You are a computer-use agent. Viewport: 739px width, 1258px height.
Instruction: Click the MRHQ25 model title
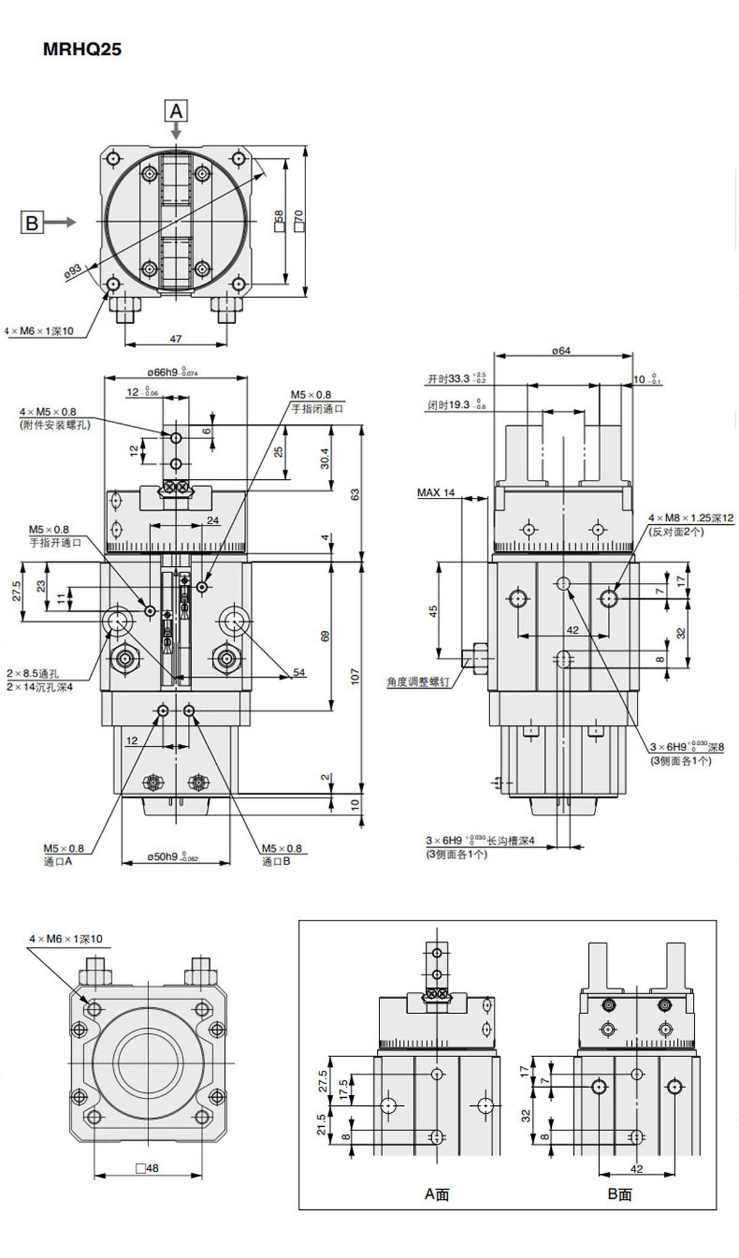pos(82,49)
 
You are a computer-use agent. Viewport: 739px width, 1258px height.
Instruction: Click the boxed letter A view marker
pos(176,112)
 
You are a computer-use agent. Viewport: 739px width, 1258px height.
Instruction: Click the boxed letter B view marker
pos(32,222)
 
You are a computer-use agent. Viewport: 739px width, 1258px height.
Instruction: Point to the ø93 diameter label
pos(73,271)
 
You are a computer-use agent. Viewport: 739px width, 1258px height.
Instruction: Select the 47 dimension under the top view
pos(176,339)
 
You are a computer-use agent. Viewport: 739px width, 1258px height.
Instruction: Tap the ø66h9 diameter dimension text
pos(172,372)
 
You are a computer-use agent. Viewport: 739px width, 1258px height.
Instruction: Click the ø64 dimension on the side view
pos(561,351)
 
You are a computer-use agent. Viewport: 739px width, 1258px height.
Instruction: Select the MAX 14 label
pos(435,492)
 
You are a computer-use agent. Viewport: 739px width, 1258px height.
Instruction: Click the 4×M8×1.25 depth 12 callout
pos(691,518)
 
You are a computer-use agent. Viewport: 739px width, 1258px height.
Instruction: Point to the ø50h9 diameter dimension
pos(172,856)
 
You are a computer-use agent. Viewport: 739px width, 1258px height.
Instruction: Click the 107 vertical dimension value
pos(355,676)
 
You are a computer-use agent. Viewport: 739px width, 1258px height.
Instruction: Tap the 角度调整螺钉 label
pos(418,682)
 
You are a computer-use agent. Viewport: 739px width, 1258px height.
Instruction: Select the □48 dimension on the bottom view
pos(147,1167)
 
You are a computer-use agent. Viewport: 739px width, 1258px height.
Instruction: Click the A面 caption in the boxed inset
pos(437,1194)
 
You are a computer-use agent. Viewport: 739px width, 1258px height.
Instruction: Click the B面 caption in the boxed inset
pos(620,1194)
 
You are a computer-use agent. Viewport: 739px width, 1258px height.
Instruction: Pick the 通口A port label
pos(58,861)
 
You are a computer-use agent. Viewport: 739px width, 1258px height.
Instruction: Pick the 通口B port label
pos(276,861)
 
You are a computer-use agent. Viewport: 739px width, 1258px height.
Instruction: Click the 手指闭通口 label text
pos(317,408)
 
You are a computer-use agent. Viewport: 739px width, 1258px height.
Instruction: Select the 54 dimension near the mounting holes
pos(299,672)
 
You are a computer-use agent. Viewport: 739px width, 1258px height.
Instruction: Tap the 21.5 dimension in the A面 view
pos(321,1124)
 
